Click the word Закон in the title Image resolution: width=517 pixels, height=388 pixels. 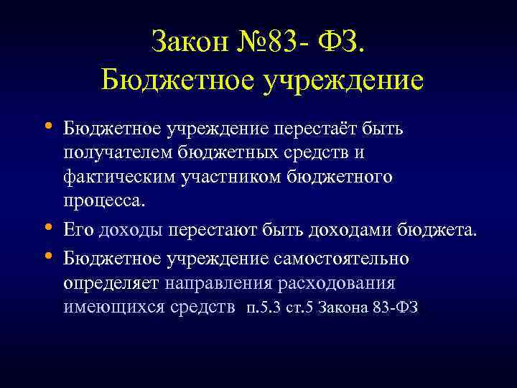coord(190,41)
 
